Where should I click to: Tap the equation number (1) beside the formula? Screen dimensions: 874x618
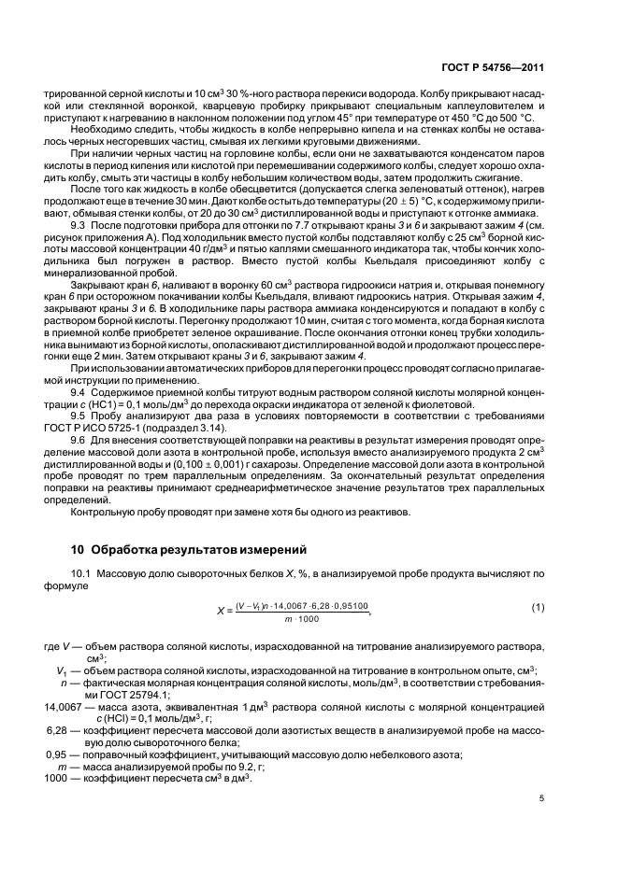click(x=538, y=608)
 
